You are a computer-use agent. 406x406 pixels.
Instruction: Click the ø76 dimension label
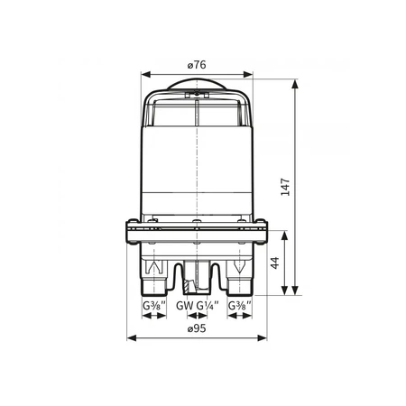point(197,65)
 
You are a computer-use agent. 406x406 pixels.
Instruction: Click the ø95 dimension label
point(197,328)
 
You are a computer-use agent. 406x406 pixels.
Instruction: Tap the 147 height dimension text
point(285,187)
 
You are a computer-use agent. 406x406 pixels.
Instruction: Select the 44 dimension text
point(275,263)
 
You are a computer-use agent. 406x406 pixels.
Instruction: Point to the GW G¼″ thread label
point(198,306)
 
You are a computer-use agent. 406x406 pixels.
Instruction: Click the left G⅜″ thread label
point(154,306)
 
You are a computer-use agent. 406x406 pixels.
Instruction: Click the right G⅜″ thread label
point(240,306)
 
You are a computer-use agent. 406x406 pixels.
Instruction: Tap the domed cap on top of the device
point(197,84)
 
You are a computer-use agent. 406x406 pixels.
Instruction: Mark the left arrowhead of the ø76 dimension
point(146,74)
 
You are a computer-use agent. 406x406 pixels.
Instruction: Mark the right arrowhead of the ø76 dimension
point(248,74)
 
